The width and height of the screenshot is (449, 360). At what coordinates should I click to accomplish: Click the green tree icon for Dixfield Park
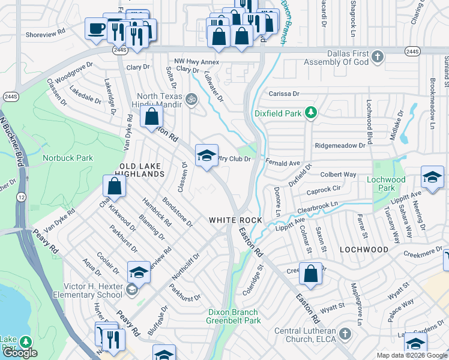pyautogui.click(x=310, y=112)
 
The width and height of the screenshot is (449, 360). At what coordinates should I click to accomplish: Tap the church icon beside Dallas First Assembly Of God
pyautogui.click(x=377, y=57)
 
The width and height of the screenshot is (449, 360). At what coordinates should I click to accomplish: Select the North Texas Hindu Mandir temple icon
pyautogui.click(x=191, y=98)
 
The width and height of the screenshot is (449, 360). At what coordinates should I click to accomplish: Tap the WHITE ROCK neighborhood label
pyautogui.click(x=235, y=220)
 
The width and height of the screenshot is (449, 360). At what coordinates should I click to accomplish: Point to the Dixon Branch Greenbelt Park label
pyautogui.click(x=234, y=316)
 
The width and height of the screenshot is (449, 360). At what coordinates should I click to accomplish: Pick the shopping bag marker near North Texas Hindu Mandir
pyautogui.click(x=151, y=115)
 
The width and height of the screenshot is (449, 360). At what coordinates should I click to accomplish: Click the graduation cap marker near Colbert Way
pyautogui.click(x=432, y=177)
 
